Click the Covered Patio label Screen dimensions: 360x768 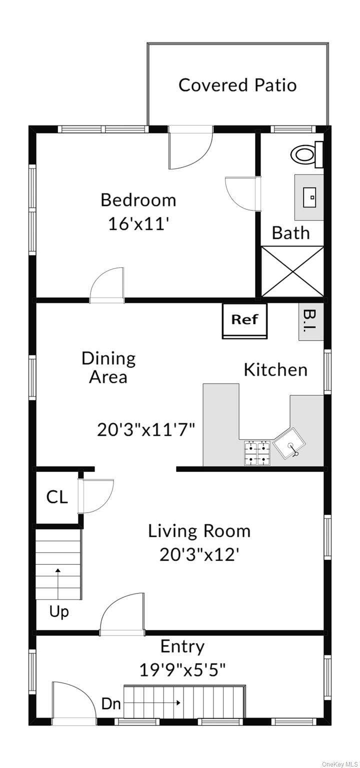tap(237, 85)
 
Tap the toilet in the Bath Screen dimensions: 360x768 tap(307, 155)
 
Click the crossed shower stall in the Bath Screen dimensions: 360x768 tap(292, 271)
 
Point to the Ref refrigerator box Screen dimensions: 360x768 tap(244, 320)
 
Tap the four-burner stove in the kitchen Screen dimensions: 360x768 tap(257, 453)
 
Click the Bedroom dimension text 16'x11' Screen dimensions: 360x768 tap(139, 224)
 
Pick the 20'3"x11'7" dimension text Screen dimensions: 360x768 tap(146, 429)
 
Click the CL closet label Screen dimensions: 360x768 tap(57, 497)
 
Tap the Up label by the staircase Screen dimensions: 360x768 tap(59, 611)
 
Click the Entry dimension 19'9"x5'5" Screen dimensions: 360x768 tap(182, 669)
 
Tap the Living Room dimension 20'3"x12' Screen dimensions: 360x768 tap(199, 554)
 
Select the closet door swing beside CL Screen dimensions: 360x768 tap(95, 496)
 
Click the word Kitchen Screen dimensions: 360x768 tap(275, 370)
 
